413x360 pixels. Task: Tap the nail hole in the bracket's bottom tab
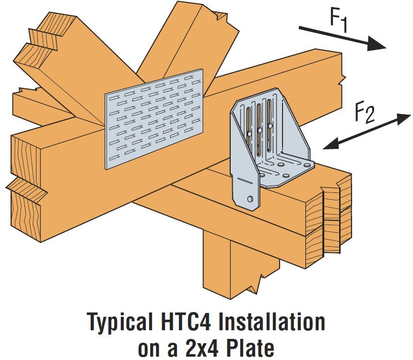click(x=250, y=198)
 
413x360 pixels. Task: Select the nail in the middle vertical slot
click(x=259, y=130)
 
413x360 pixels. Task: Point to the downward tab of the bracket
click(x=247, y=190)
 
